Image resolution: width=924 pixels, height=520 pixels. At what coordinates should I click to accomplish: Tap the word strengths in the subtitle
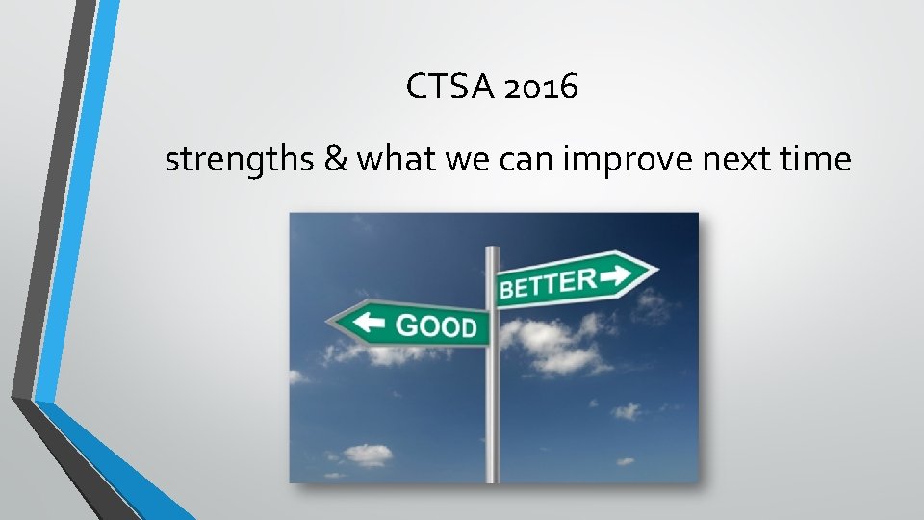click(239, 160)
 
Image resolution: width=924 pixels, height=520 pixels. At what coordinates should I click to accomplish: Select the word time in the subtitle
click(816, 160)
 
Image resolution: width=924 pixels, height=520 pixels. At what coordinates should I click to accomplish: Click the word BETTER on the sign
click(547, 283)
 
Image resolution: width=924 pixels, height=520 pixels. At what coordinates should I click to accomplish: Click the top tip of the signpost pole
click(492, 249)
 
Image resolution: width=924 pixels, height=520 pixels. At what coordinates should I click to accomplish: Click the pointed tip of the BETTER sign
click(657, 269)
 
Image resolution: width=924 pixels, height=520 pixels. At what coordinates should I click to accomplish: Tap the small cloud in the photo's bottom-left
click(367, 454)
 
